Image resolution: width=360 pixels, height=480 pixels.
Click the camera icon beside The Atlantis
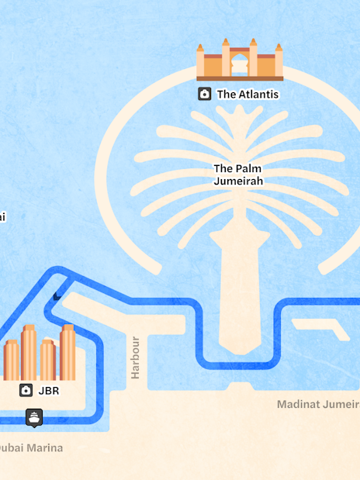point(205,94)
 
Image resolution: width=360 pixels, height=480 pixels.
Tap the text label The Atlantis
point(247,95)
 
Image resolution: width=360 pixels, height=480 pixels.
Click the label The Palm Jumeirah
point(238,174)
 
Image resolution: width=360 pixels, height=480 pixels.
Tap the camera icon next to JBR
point(26,390)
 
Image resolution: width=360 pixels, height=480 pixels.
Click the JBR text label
point(49,391)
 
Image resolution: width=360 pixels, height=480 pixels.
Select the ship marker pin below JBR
point(34,417)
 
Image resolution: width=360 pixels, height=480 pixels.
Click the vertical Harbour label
point(136,357)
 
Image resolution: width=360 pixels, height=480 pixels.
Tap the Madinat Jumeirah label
point(318,404)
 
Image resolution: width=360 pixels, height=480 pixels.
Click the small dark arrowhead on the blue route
point(57,295)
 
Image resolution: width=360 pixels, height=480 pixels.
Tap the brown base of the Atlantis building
point(240,78)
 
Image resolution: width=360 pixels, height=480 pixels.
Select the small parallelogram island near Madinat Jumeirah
point(332,330)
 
